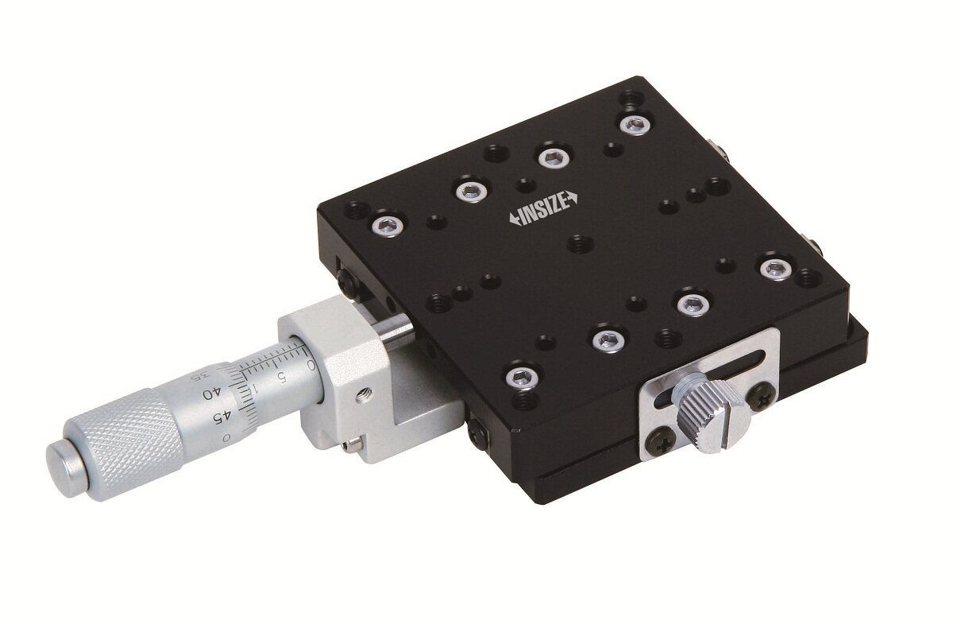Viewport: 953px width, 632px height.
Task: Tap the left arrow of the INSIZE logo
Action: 513,219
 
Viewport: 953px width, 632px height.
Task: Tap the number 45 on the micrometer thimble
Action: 222,418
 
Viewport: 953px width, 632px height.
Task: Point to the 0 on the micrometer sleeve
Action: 311,365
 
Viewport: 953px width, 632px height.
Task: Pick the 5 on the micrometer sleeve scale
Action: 281,376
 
